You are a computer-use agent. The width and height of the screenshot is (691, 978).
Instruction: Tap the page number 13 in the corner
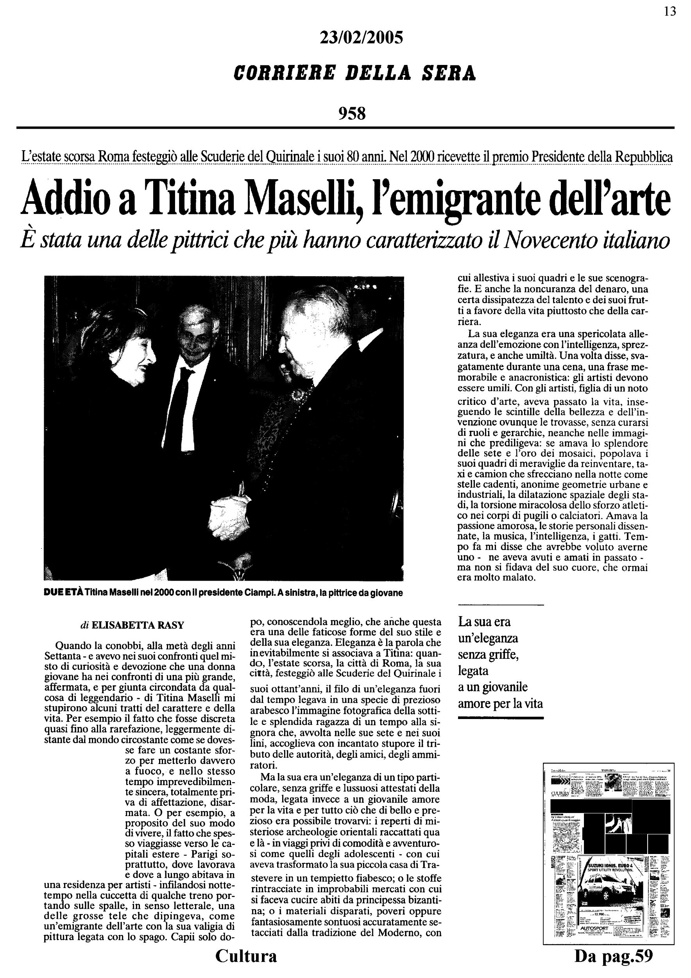point(670,11)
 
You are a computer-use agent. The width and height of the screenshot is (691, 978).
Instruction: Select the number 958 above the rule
point(352,113)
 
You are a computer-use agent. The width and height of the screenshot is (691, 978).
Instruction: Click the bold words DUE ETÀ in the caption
point(64,593)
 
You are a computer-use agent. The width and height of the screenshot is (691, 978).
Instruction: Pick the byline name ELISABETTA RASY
point(138,625)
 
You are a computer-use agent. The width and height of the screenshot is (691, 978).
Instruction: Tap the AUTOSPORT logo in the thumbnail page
point(594,928)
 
